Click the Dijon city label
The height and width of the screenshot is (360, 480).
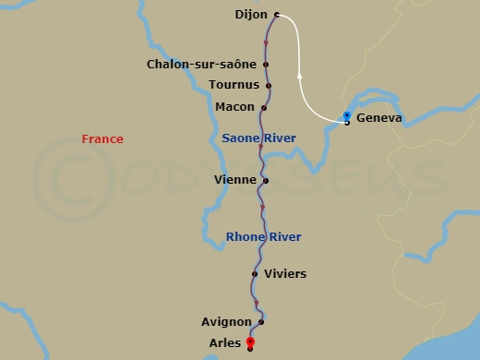[250, 15]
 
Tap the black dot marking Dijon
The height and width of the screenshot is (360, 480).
[276, 15]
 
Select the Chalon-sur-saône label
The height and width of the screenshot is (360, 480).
[202, 65]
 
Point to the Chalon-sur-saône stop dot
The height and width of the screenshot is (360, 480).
[266, 65]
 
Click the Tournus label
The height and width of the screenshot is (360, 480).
[234, 85]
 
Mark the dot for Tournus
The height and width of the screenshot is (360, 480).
[269, 86]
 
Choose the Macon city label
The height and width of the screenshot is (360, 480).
[234, 107]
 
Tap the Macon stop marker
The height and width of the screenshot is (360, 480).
[264, 107]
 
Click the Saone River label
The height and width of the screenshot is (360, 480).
[258, 138]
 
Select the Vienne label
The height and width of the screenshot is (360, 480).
[235, 180]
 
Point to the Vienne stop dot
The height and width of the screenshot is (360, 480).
[265, 181]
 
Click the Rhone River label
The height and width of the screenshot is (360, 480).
[263, 237]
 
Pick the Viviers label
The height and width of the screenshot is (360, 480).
[284, 274]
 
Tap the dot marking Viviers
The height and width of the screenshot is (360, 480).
[255, 274]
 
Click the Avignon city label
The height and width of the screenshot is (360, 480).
[226, 322]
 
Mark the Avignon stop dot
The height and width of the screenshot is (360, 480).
[261, 322]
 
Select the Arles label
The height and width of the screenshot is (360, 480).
[225, 343]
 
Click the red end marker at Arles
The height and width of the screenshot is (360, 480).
[250, 342]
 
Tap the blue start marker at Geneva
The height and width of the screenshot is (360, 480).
[346, 116]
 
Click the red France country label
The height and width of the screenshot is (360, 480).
[102, 139]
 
